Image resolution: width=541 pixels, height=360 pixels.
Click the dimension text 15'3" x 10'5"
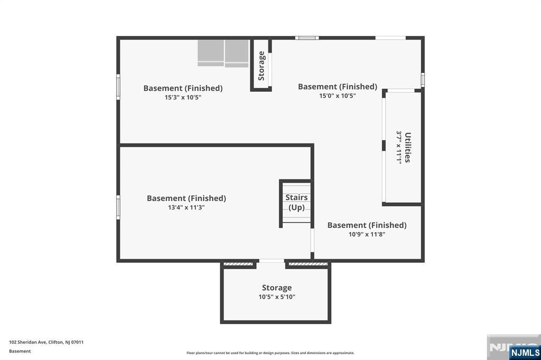[x=183, y=98]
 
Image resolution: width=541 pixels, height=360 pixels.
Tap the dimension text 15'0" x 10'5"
[x=337, y=96]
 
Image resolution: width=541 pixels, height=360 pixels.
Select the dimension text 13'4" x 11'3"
[x=186, y=207]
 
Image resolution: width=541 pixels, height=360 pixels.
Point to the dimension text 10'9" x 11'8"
[x=367, y=234]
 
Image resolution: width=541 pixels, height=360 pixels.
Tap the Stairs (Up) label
[x=296, y=202]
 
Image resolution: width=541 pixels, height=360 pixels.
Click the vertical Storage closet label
[x=261, y=65]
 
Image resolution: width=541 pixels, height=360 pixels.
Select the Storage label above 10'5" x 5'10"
[x=277, y=288]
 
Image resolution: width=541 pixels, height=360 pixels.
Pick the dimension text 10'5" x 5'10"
[x=277, y=297]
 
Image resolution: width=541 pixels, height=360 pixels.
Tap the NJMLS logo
[x=525, y=352]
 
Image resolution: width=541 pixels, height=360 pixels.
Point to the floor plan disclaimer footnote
[x=270, y=353]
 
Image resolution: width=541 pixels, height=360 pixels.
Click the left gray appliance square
[x=211, y=53]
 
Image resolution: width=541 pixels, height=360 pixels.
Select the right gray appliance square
[x=237, y=53]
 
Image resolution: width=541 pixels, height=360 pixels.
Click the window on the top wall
[x=306, y=37]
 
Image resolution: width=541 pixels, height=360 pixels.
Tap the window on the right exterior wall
[x=423, y=79]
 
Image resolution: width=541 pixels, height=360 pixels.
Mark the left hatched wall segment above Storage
[x=238, y=264]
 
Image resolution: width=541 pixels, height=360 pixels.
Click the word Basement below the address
[x=20, y=351]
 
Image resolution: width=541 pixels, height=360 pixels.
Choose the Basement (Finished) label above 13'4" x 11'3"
[x=186, y=198]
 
